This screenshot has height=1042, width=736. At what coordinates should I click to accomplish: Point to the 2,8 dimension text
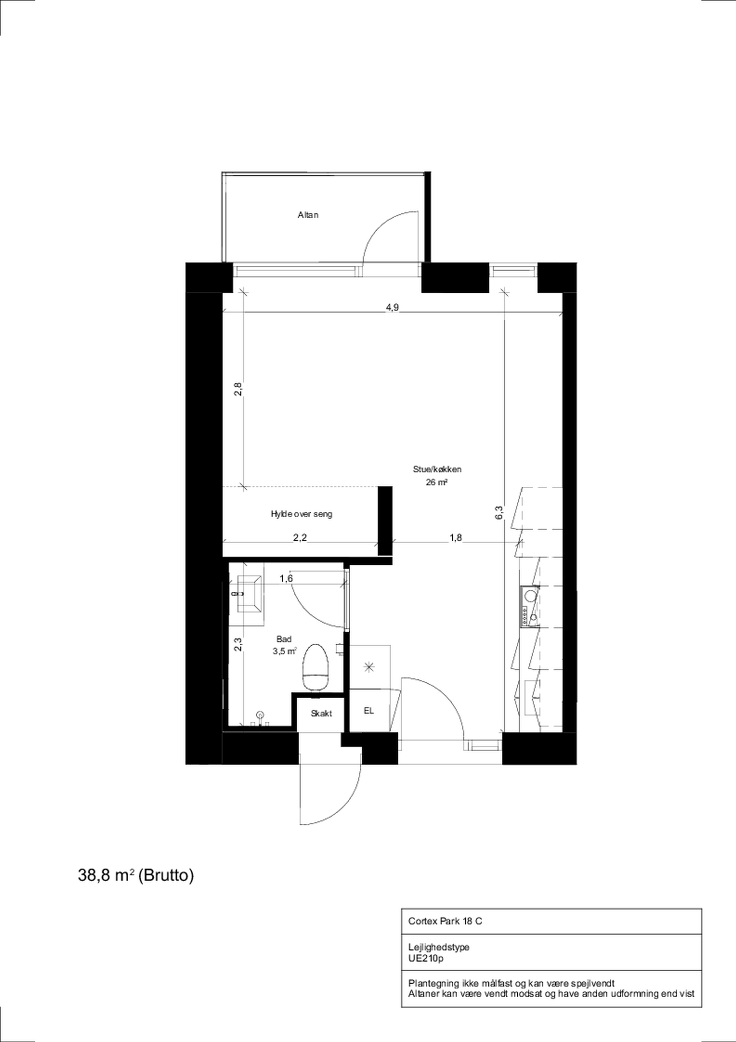pos(238,389)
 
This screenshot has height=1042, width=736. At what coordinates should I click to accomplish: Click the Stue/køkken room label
pos(437,469)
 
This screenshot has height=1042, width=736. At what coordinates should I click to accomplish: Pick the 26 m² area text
pos(437,483)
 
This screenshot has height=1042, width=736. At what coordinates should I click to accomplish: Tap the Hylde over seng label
pos(301,514)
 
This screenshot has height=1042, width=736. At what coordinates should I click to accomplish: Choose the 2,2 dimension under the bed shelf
pos(300,538)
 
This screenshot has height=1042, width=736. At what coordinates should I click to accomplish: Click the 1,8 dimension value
pos(455,537)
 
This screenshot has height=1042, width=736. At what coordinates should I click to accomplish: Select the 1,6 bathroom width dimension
pos(286,578)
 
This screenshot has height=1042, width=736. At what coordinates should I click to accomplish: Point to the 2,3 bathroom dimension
pos(238,644)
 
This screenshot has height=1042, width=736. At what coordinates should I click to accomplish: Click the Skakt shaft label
pos(321,713)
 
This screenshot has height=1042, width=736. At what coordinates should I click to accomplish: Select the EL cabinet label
pos(369,711)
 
